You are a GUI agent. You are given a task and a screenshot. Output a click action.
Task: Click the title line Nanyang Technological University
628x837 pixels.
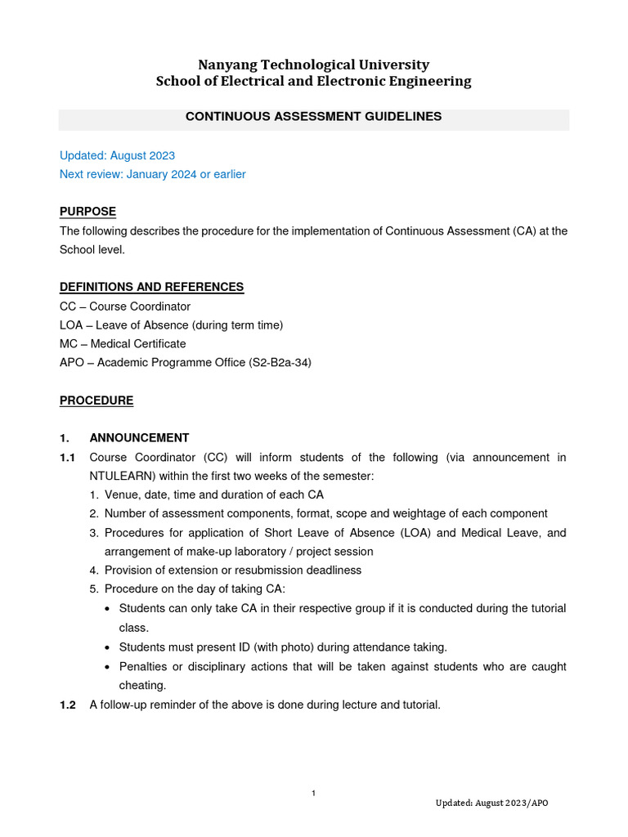pyautogui.click(x=314, y=65)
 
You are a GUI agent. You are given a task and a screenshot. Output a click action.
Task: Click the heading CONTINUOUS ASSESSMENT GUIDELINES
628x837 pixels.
pyautogui.click(x=313, y=117)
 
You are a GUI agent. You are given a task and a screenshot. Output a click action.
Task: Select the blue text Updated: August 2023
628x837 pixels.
pyautogui.click(x=117, y=155)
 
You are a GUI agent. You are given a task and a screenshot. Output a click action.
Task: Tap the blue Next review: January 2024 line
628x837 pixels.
pyautogui.click(x=152, y=174)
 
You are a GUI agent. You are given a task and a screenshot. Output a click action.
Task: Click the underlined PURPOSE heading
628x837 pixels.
pyautogui.click(x=87, y=212)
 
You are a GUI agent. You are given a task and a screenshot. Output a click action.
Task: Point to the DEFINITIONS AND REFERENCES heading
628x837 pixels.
pyautogui.click(x=151, y=287)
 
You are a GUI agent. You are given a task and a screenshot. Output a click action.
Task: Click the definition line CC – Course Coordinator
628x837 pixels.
pyautogui.click(x=125, y=307)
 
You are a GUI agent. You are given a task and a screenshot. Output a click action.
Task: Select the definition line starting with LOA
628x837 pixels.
pyautogui.click(x=171, y=325)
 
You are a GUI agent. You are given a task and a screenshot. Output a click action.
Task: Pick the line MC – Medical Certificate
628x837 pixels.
pyautogui.click(x=123, y=344)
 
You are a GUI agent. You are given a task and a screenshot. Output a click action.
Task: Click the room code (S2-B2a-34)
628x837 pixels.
pyautogui.click(x=280, y=363)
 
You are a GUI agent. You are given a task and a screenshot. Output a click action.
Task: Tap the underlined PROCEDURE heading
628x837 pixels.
pyautogui.click(x=96, y=401)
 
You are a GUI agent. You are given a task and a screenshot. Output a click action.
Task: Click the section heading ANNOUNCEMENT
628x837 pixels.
pyautogui.click(x=139, y=438)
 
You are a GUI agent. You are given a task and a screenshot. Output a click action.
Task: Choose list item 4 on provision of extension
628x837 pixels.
pyautogui.click(x=232, y=570)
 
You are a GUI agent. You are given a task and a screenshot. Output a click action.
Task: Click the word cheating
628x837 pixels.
pyautogui.click(x=142, y=686)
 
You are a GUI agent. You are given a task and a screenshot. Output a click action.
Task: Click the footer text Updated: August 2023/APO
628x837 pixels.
pyautogui.click(x=491, y=803)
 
